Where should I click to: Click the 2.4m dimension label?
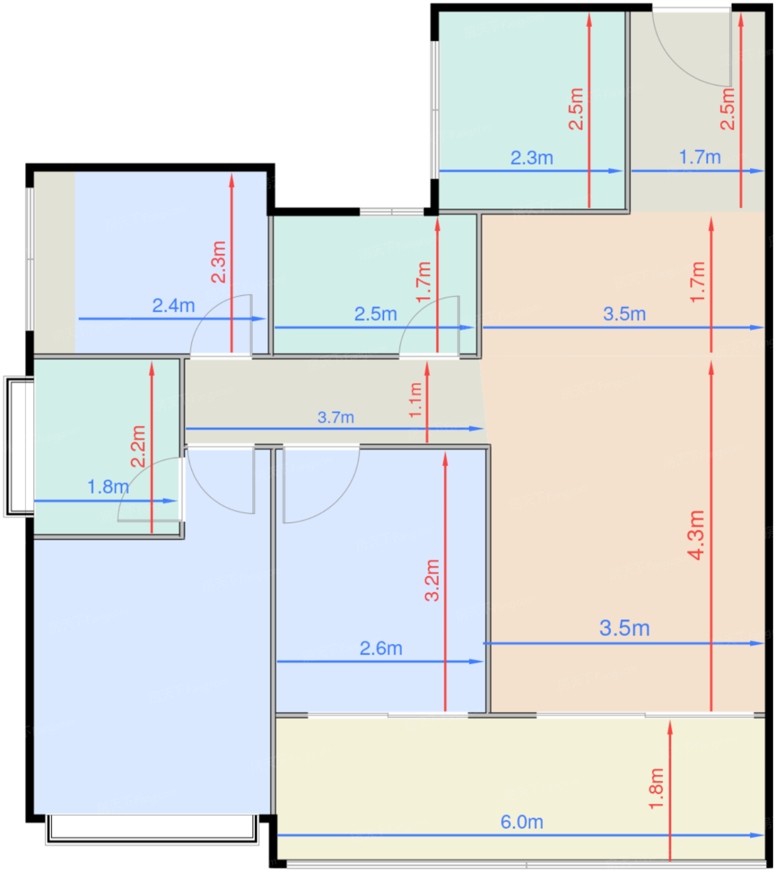point(173,306)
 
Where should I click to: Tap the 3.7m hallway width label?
point(336,417)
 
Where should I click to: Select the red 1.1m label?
point(416,400)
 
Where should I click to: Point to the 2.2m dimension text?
point(138,447)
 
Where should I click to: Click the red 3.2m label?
point(432,580)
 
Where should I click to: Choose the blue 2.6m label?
point(381,648)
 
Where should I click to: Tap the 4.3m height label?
point(696,536)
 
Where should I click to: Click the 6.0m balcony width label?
point(522,823)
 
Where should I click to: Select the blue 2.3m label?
point(532,158)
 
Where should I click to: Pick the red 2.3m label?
point(218,262)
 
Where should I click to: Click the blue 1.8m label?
point(108,487)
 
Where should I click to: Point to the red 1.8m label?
point(656,789)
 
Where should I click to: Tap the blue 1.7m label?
point(700,157)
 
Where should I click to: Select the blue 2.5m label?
point(375,314)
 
